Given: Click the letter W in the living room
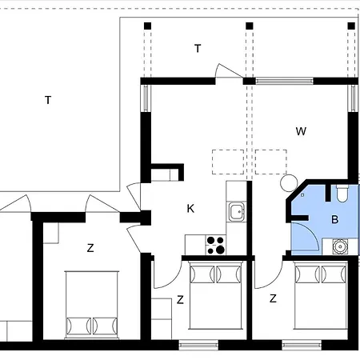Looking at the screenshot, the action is point(301,131).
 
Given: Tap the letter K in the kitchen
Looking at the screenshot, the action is point(190,209).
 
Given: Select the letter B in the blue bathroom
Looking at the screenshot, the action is point(334,219).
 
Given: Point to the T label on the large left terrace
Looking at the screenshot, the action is point(48,100).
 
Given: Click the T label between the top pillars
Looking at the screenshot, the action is point(198,49).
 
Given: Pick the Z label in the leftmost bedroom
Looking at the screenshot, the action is point(90,248).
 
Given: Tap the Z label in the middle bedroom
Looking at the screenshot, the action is point(180,300).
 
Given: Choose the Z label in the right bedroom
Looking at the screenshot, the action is point(273,298).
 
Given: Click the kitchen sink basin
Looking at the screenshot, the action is point(236,212).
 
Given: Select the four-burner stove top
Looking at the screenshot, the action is point(215,245).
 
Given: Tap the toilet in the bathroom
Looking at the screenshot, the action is point(342,193).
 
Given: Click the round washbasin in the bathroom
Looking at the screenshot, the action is point(341,246).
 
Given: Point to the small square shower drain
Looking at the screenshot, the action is point(302,195).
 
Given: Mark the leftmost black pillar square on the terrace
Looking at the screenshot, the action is point(147,26).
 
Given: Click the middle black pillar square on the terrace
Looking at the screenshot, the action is point(249,26).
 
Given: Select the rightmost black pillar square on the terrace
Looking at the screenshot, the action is point(351,26).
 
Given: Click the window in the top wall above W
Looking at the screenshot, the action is point(284,81).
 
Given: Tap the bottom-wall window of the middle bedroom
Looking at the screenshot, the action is point(198,346).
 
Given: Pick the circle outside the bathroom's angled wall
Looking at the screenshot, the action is point(289,183).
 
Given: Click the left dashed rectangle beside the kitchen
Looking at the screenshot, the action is point(228,162).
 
